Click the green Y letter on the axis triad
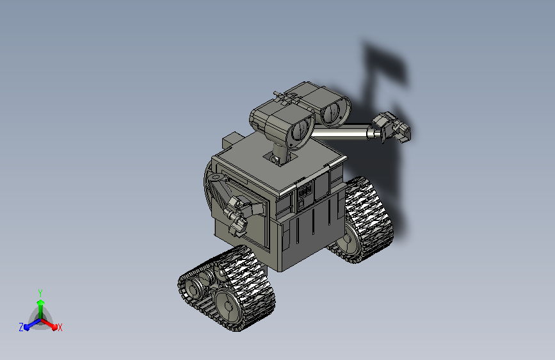point(40,293)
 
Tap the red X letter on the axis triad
point(60,327)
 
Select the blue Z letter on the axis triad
point(21,327)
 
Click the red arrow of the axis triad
point(49,324)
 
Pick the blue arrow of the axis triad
point(32,324)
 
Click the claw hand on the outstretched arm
point(392,127)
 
